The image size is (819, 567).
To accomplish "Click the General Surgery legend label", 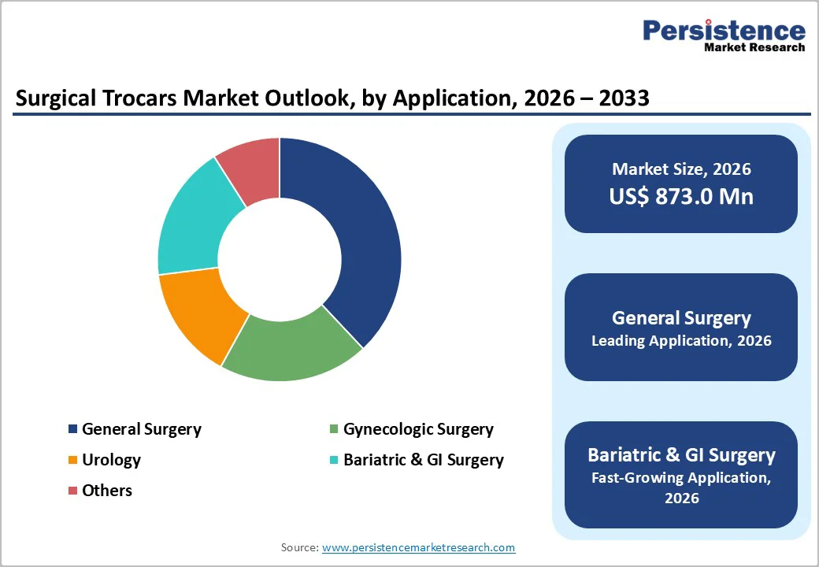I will point(142,429).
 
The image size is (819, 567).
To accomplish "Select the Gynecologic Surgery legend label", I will point(418,429).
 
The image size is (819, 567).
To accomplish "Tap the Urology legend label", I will point(111,460).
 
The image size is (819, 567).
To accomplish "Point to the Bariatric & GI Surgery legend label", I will point(424,460).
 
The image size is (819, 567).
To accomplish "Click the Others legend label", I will point(107,491).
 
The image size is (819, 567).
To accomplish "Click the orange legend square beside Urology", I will point(73,460).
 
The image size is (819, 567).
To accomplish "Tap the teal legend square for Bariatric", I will point(335,460).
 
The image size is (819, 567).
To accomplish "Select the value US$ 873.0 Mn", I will point(681,196).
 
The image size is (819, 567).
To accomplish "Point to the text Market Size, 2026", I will point(681,169).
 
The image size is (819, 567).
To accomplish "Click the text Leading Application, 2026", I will point(681,341).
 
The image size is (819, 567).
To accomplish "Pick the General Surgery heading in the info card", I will point(681,317).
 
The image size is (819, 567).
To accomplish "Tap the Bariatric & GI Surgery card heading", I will point(681,455).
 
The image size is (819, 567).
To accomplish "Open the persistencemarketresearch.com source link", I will point(418,547).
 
